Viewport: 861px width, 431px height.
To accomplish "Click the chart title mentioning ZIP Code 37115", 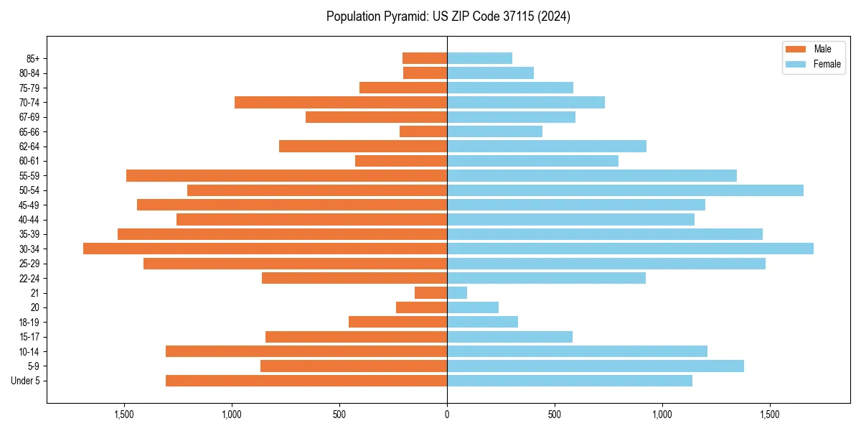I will (x=448, y=17).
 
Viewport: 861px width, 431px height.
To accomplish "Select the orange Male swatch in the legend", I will (x=796, y=49).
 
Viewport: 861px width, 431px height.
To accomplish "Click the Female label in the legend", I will (x=827, y=64).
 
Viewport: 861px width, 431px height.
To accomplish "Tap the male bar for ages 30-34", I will (x=265, y=249).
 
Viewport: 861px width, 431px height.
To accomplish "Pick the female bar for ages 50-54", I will (x=625, y=190).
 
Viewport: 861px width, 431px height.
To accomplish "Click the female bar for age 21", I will (x=457, y=292).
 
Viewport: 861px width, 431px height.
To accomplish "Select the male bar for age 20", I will (x=422, y=307).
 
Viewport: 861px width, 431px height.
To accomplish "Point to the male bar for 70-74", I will (x=341, y=103).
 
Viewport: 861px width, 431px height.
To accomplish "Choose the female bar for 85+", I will (x=479, y=58).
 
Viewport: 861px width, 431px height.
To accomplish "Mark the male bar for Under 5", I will (x=306, y=381).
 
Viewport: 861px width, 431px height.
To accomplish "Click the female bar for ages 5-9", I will (x=596, y=366).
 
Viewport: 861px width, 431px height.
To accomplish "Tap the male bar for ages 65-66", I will (x=423, y=131).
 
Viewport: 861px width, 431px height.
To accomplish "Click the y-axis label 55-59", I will (x=29, y=176).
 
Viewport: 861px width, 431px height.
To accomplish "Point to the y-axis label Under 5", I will (x=26, y=381).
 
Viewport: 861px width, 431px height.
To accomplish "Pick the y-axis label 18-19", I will (x=29, y=323).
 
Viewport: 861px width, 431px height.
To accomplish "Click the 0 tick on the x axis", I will (x=447, y=414).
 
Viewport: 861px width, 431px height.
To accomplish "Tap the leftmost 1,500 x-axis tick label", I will (x=124, y=414).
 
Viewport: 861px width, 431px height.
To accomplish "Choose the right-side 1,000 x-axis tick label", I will (x=662, y=414).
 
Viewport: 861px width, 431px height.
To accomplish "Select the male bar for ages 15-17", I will (x=357, y=337).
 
